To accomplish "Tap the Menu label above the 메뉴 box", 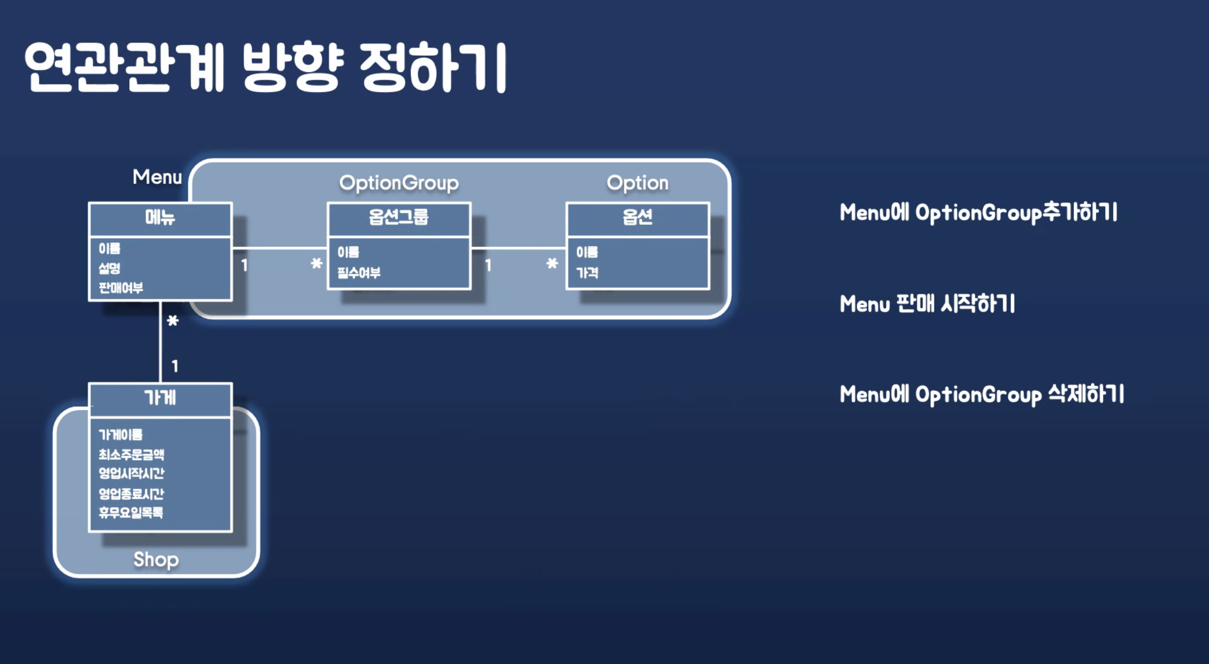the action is tap(157, 177).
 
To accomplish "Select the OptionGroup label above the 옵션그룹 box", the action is tap(399, 183).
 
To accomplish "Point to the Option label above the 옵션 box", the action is tap(637, 183).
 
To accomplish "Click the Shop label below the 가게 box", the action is tap(156, 559).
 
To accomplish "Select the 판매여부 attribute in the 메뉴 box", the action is tap(121, 288).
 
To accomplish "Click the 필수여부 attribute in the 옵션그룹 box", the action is tap(359, 273).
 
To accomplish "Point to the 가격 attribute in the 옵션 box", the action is tap(587, 273).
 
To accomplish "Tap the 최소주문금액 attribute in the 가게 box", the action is tap(131, 454).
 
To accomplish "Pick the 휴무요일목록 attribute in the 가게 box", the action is tap(131, 513).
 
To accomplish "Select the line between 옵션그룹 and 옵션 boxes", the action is tap(519, 248).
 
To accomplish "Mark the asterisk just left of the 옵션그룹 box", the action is tap(316, 264).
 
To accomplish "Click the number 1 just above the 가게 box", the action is tap(175, 366).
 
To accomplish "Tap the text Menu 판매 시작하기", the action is tap(927, 303).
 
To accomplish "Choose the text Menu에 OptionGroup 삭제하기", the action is tap(982, 394).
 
